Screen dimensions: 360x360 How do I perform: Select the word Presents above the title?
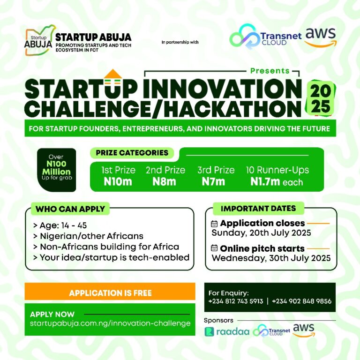270,71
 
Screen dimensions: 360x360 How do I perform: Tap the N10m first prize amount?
118,181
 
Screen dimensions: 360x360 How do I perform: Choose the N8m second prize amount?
164,181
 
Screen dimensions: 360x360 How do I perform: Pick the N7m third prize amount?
213,181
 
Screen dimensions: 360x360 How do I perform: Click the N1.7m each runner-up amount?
277,182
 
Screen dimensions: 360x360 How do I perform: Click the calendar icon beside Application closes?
215,224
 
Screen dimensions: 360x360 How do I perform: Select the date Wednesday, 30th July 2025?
271,258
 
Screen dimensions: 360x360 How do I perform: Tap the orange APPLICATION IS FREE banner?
110,293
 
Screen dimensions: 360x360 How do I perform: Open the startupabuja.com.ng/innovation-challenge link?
110,323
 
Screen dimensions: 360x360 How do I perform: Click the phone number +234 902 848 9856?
301,301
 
